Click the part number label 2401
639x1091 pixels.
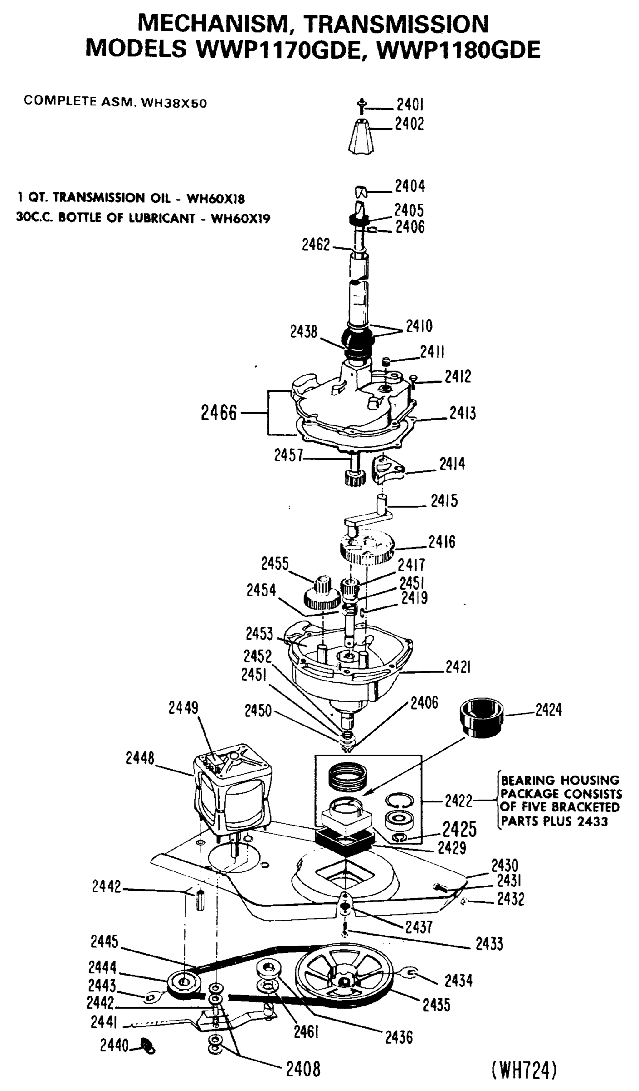coord(410,105)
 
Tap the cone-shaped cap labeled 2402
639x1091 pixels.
coord(361,136)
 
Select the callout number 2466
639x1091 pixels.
coord(219,413)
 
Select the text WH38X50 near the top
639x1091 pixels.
coord(174,103)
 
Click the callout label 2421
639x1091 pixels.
coord(458,667)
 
